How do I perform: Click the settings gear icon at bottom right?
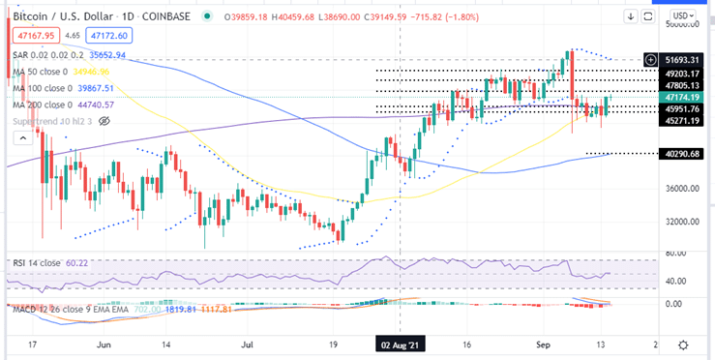tap(683, 344)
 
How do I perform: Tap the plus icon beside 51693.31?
tap(651, 60)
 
